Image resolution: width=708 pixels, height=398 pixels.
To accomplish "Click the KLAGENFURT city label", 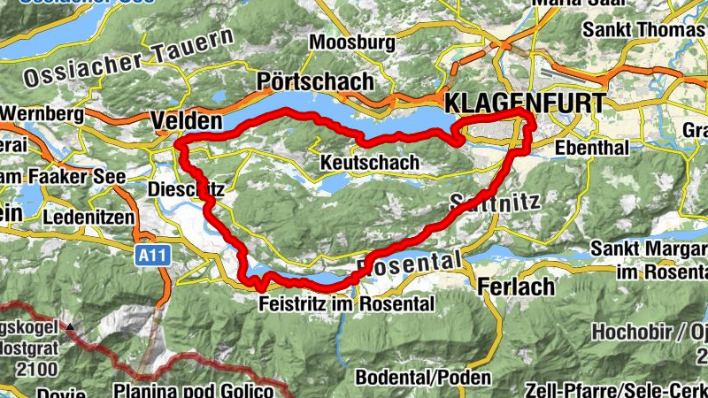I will [x=527, y=103].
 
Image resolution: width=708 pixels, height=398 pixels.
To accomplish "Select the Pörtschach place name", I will [x=314, y=81].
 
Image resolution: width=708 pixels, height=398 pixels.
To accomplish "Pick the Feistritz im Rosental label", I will [x=347, y=303].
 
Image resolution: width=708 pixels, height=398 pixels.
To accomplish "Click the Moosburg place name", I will [x=352, y=42].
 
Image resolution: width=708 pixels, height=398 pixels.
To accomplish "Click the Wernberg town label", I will [x=35, y=114].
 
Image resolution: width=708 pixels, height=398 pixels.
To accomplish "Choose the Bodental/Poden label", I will [x=422, y=377].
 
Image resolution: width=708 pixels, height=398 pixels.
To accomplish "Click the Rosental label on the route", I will [x=409, y=263].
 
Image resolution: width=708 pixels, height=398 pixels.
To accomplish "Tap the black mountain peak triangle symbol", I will [x=70, y=327].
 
